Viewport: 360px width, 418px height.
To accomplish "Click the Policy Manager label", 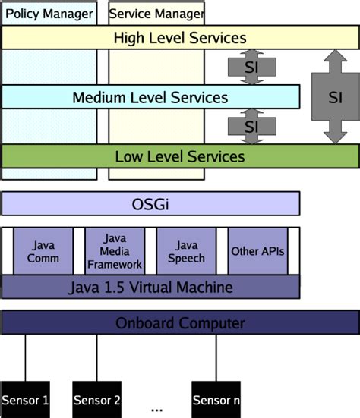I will tap(49, 14).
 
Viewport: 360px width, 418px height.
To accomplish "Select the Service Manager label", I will tap(156, 14).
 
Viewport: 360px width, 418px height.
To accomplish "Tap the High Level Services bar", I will tap(179, 37).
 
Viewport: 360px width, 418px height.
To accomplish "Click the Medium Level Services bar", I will tap(150, 97).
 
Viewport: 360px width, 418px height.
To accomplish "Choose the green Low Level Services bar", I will tap(179, 156).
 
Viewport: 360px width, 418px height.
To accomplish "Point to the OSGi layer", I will tap(150, 203).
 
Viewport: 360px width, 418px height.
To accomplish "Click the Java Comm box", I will tap(43, 251).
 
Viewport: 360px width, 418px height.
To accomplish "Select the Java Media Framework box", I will tap(115, 251).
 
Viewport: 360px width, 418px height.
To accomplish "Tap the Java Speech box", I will tap(186, 251).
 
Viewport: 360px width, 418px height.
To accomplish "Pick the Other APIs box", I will tap(257, 251).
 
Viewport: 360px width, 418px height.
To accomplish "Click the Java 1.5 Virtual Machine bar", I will tap(150, 288).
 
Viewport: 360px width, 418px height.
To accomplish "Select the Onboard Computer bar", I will tap(179, 323).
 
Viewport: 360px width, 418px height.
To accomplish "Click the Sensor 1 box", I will tap(24, 399).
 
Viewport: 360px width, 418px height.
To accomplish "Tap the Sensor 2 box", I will tap(96, 399).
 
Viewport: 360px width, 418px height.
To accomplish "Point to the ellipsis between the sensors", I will tap(157, 408).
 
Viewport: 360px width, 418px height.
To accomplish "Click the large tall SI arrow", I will tap(334, 97).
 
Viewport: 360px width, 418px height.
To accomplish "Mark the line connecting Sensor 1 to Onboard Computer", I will tap(25, 357).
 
